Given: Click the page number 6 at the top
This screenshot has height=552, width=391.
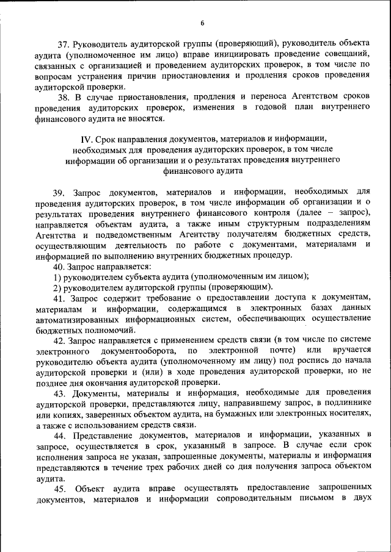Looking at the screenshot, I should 202,23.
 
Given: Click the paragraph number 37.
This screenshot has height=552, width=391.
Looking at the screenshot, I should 64,44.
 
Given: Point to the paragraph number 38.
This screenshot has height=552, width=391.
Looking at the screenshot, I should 64,98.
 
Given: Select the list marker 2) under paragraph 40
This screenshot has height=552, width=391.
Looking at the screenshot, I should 56,287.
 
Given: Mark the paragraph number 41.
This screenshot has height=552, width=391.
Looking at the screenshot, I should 60,298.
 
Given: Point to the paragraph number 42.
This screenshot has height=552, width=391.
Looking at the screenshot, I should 60,340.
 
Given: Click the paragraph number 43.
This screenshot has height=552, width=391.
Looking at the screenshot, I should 60,393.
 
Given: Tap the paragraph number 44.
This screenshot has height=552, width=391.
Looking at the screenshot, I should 60,436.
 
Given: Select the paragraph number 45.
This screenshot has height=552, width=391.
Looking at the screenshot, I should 60,489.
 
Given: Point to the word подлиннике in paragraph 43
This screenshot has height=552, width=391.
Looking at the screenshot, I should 346,403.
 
